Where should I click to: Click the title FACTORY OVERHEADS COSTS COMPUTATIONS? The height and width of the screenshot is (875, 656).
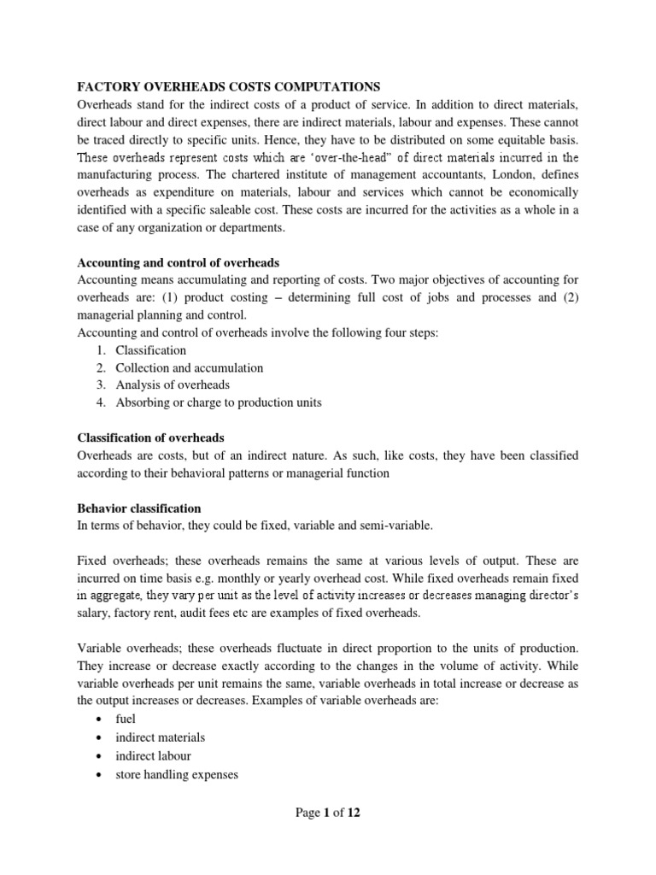pos(229,86)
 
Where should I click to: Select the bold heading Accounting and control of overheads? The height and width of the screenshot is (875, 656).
pos(178,262)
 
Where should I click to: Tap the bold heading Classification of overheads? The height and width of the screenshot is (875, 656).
pos(150,437)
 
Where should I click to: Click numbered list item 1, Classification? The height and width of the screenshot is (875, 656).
pos(150,350)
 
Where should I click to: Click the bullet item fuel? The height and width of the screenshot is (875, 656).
pos(126,719)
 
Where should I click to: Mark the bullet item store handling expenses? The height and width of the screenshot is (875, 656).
pos(177,775)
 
